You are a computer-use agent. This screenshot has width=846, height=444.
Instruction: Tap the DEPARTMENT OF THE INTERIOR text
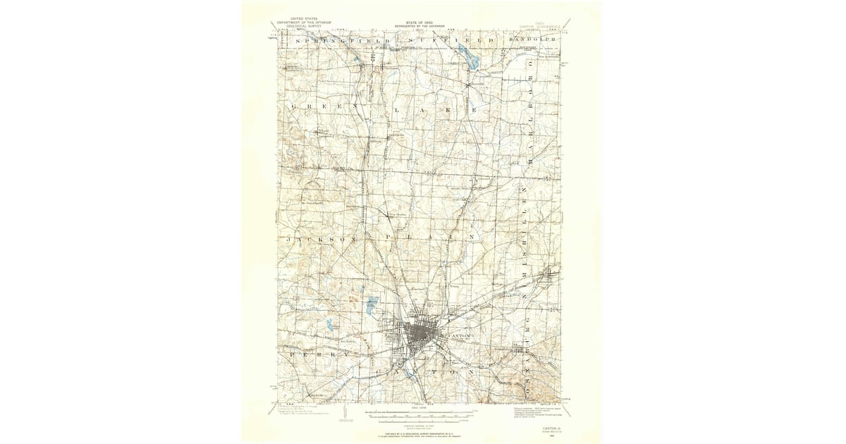pos(303,23)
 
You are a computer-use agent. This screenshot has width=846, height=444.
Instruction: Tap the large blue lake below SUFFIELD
pos(467,56)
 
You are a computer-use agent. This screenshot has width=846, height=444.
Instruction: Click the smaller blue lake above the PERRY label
pos(330,325)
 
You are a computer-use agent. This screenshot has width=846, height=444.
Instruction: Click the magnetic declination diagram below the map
pos(345,417)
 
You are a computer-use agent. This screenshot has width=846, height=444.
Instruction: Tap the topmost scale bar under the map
pos(419,409)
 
